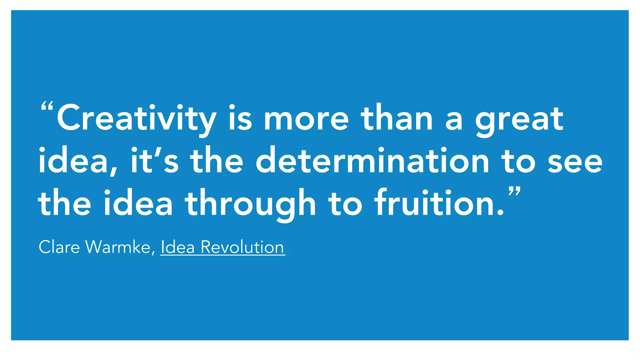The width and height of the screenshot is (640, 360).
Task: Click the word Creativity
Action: [x=136, y=119]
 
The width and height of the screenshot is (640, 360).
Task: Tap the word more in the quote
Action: [x=306, y=119]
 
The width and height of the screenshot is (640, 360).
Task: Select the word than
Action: [x=397, y=119]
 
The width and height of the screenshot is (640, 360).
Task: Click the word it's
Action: [x=155, y=161]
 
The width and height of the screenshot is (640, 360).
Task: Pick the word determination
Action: [x=372, y=161]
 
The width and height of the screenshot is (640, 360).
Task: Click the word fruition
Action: [x=439, y=203]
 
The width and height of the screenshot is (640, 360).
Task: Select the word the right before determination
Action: [x=217, y=161]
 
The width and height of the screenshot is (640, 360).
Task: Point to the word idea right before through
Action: [x=138, y=203]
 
